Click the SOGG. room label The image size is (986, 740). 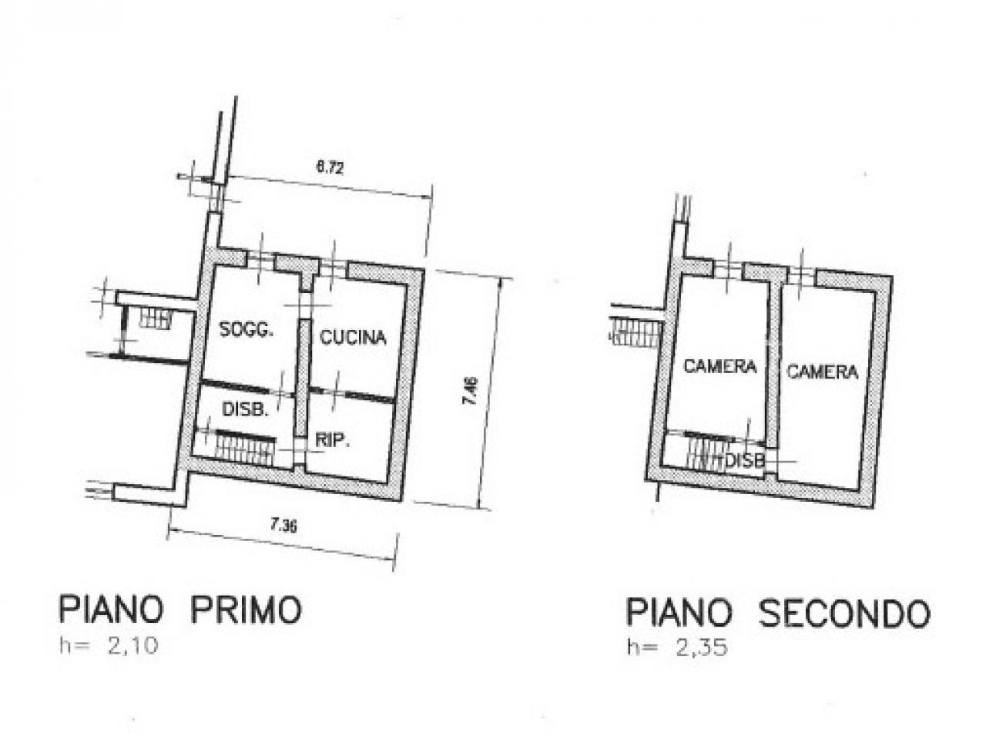(x=246, y=331)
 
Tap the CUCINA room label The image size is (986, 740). (x=353, y=337)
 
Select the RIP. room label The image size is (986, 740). (x=333, y=441)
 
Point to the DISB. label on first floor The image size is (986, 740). (x=245, y=409)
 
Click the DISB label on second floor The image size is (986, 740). (x=745, y=460)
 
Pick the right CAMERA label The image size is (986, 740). (x=823, y=372)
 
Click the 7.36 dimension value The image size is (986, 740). (x=283, y=525)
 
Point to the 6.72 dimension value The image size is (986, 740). (x=330, y=168)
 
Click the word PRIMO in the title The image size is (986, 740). (x=246, y=610)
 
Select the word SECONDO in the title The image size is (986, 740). (x=844, y=614)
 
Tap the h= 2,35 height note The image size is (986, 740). (x=677, y=648)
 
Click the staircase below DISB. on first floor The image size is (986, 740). (x=245, y=448)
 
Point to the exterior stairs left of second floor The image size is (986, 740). (x=636, y=332)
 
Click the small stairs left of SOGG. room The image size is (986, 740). (x=155, y=318)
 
